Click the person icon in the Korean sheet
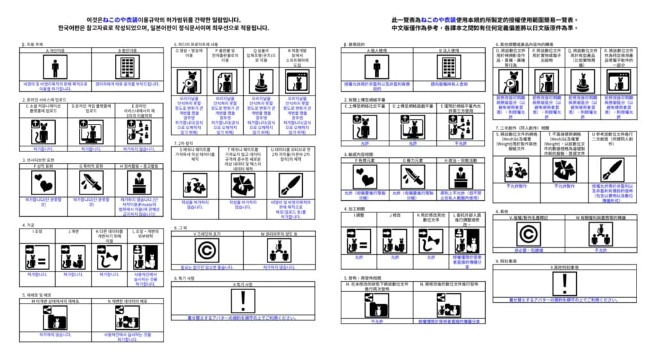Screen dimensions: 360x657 [x=56, y=67]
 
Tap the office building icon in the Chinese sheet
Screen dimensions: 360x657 [x=447, y=67]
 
